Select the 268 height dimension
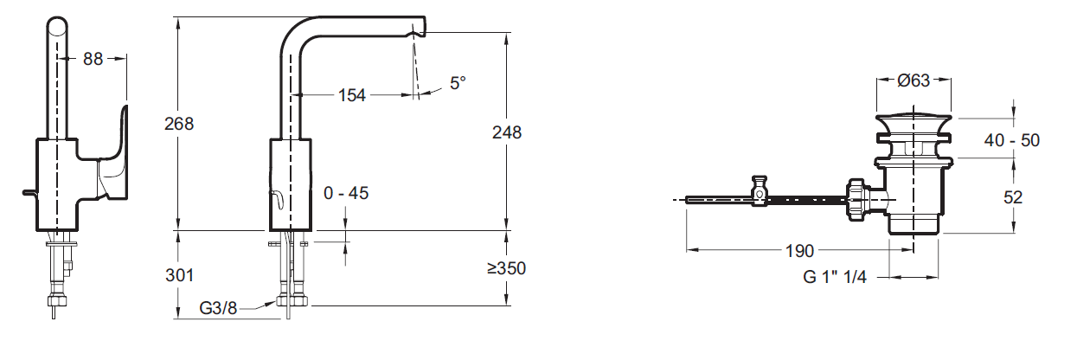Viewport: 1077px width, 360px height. (178, 124)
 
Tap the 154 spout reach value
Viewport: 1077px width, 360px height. (351, 95)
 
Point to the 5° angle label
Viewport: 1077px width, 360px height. (457, 83)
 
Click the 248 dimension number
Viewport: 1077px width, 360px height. (506, 132)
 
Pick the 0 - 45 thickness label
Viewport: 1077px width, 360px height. (346, 193)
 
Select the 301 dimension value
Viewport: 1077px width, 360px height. (178, 274)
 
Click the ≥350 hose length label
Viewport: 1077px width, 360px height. (506, 268)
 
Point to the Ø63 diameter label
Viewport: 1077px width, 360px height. (913, 80)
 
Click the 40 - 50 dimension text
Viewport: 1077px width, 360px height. (1011, 140)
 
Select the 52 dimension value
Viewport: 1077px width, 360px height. (1011, 196)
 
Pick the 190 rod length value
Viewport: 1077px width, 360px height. (799, 251)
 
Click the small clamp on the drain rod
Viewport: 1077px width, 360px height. (760, 191)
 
